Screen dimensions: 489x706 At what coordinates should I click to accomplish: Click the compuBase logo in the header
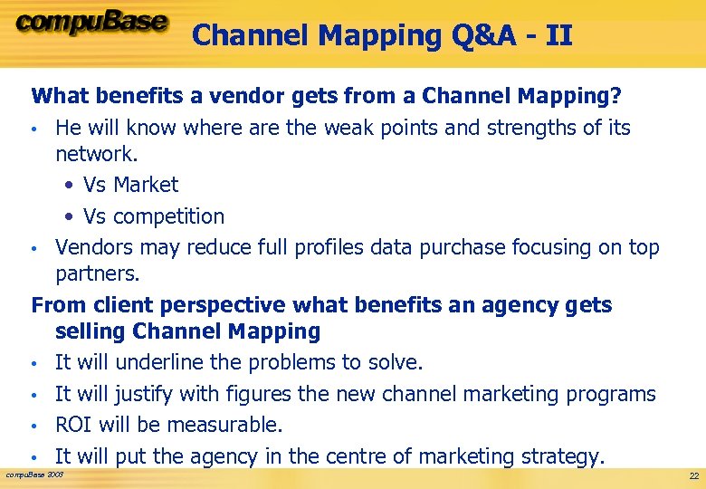coord(91,23)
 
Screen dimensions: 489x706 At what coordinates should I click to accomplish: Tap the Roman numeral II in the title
coord(557,35)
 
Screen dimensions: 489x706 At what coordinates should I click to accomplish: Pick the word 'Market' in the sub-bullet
coord(146,185)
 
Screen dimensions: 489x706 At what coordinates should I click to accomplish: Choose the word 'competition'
coord(169,216)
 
